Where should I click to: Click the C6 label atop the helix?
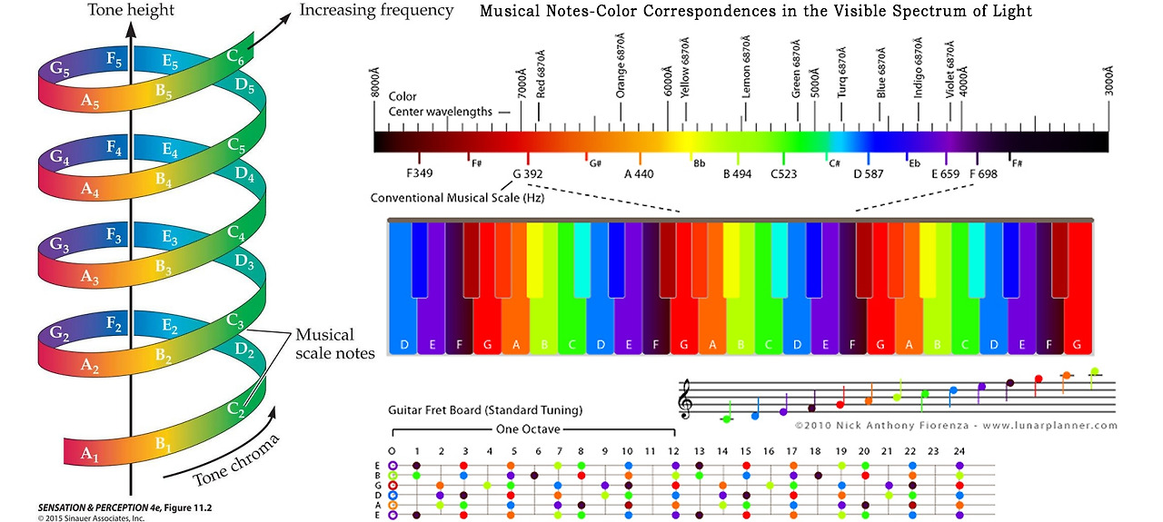tap(235, 57)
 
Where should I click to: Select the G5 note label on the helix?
tap(61, 69)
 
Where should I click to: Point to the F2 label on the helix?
tap(114, 322)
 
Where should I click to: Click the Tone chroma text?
tap(235, 463)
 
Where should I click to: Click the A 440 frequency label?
tap(638, 173)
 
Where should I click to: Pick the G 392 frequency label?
tap(528, 173)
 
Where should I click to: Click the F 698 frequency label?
tap(983, 173)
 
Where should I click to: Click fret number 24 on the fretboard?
tap(957, 451)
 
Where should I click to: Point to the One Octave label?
tap(527, 429)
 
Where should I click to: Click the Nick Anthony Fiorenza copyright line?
tap(956, 425)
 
